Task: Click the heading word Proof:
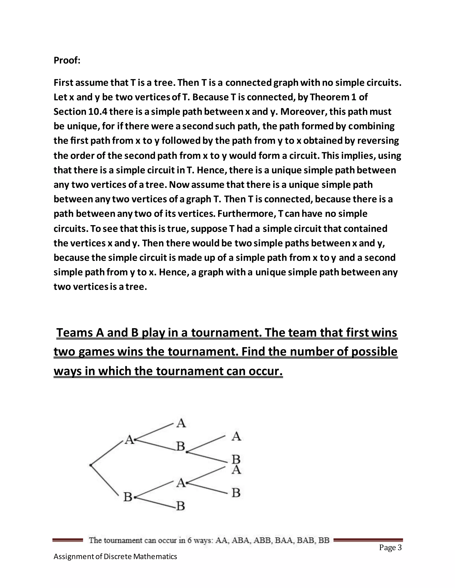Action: tap(67, 60)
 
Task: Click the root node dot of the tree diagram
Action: tap(91, 465)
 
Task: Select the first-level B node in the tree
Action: tap(128, 497)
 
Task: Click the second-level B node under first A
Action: tap(181, 446)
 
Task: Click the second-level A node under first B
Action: tap(181, 483)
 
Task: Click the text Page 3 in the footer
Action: tap(390, 548)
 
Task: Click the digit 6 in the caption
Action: tap(190, 540)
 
